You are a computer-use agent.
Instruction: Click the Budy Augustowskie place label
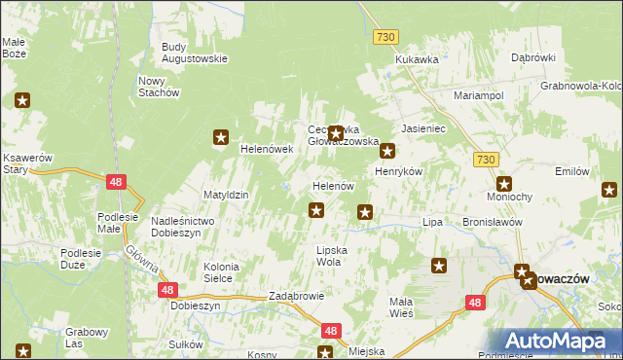coord(194,52)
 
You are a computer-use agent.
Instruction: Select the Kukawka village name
coord(417,59)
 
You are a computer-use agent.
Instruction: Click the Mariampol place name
coord(478,96)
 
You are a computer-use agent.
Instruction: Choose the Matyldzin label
coord(226,195)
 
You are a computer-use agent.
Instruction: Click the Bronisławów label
coord(494,222)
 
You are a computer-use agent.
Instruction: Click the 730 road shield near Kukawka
coord(385,36)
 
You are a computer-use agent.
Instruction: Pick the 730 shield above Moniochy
coord(488,158)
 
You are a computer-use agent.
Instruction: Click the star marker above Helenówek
coord(222,138)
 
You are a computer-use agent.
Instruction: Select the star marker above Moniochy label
coord(504,183)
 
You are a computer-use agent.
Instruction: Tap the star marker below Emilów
coord(610,190)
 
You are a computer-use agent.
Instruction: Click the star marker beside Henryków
coord(387,151)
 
